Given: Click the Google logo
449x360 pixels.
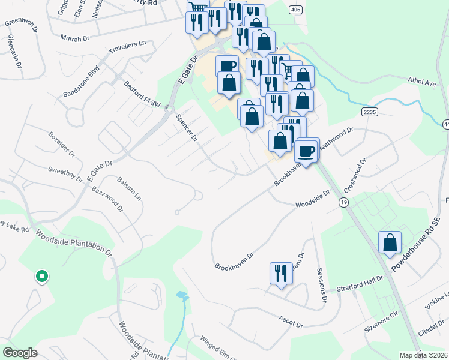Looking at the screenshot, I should pyautogui.click(x=20, y=353).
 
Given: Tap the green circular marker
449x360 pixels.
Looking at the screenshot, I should pyautogui.click(x=41, y=276).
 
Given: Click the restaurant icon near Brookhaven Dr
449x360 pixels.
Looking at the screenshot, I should pyautogui.click(x=279, y=274).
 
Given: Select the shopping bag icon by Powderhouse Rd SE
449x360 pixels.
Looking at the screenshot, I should pyautogui.click(x=390, y=242).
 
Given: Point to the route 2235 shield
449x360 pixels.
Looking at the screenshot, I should pyautogui.click(x=369, y=112).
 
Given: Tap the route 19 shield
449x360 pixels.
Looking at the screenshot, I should pyautogui.click(x=343, y=203).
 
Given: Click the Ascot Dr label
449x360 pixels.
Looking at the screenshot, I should pyautogui.click(x=290, y=321).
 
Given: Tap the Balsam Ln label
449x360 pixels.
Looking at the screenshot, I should pyautogui.click(x=129, y=188).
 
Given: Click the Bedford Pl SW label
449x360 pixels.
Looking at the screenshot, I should pyautogui.click(x=143, y=95).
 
